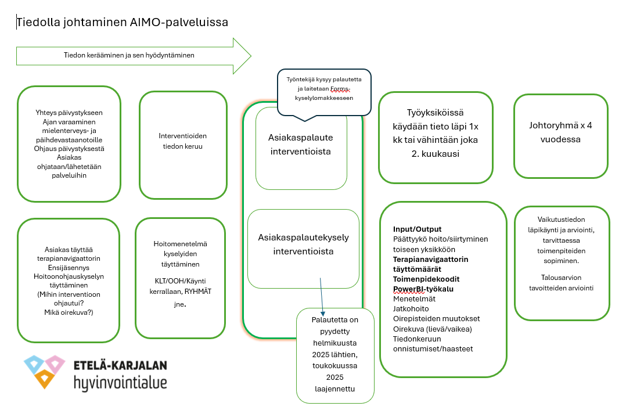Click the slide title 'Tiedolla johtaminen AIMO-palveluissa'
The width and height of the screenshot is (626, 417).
(123, 23)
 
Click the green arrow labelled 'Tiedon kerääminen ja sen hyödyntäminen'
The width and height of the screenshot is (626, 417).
(128, 56)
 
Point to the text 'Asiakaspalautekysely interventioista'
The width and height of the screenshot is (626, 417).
(304, 245)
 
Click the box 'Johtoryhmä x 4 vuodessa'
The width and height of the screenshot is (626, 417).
(560, 132)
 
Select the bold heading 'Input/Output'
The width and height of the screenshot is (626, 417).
(417, 229)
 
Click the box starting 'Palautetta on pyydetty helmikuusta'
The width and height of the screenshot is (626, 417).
(334, 354)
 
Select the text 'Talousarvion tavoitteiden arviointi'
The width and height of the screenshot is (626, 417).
(561, 283)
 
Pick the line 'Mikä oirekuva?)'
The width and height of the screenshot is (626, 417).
(69, 312)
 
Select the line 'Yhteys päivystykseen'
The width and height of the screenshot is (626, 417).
(69, 113)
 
